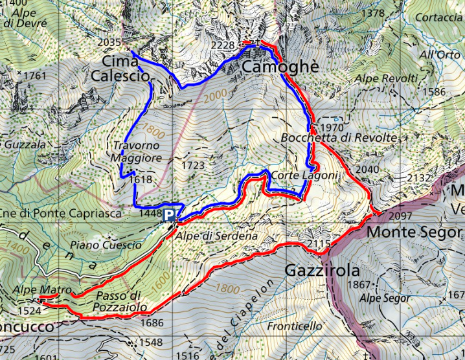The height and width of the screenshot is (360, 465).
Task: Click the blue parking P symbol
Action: coord(169,214)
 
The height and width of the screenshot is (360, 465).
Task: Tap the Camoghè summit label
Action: coord(280,67)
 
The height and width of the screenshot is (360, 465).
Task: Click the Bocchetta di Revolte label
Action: coord(339,138)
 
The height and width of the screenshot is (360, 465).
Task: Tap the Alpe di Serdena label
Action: coord(217,236)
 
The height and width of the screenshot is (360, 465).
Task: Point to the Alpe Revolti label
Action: coord(387,78)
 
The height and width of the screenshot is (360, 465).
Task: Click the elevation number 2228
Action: coord(223,45)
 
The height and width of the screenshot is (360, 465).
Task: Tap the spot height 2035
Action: coord(111,43)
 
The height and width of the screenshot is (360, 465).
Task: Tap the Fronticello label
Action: coord(301,326)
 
